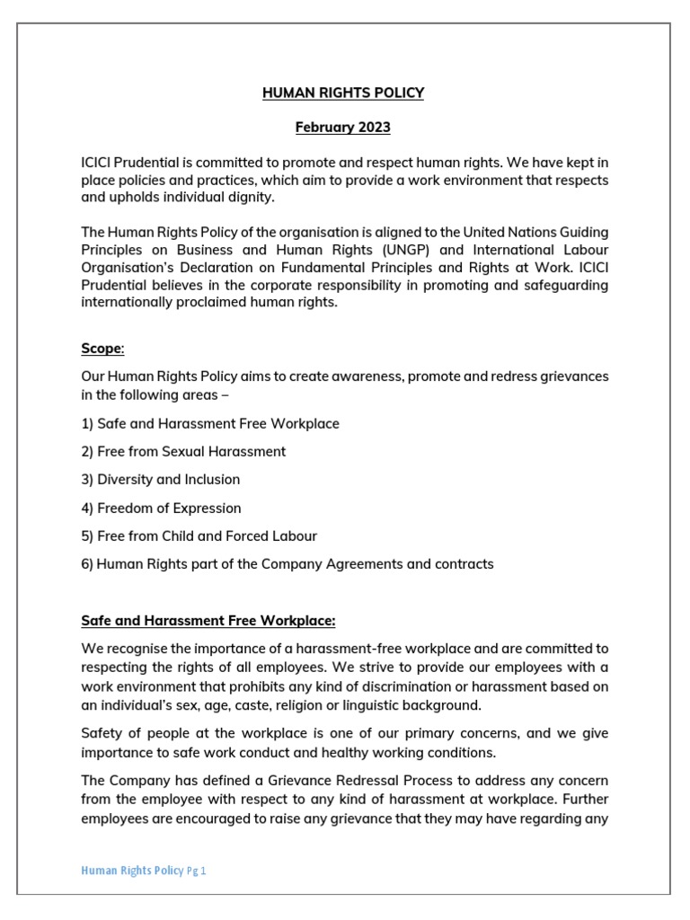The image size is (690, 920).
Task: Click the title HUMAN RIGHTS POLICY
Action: coord(343,93)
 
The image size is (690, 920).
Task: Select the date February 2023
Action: coord(343,128)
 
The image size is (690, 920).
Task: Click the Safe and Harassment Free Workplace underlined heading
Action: coord(208,620)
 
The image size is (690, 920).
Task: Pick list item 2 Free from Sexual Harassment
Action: coord(183,452)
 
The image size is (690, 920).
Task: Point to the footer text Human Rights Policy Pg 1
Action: coord(144,871)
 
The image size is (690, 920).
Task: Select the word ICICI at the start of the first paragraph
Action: coord(97,162)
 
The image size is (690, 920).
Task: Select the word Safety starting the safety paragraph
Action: coord(102,732)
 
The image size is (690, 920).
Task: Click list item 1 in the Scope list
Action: coord(210,424)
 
